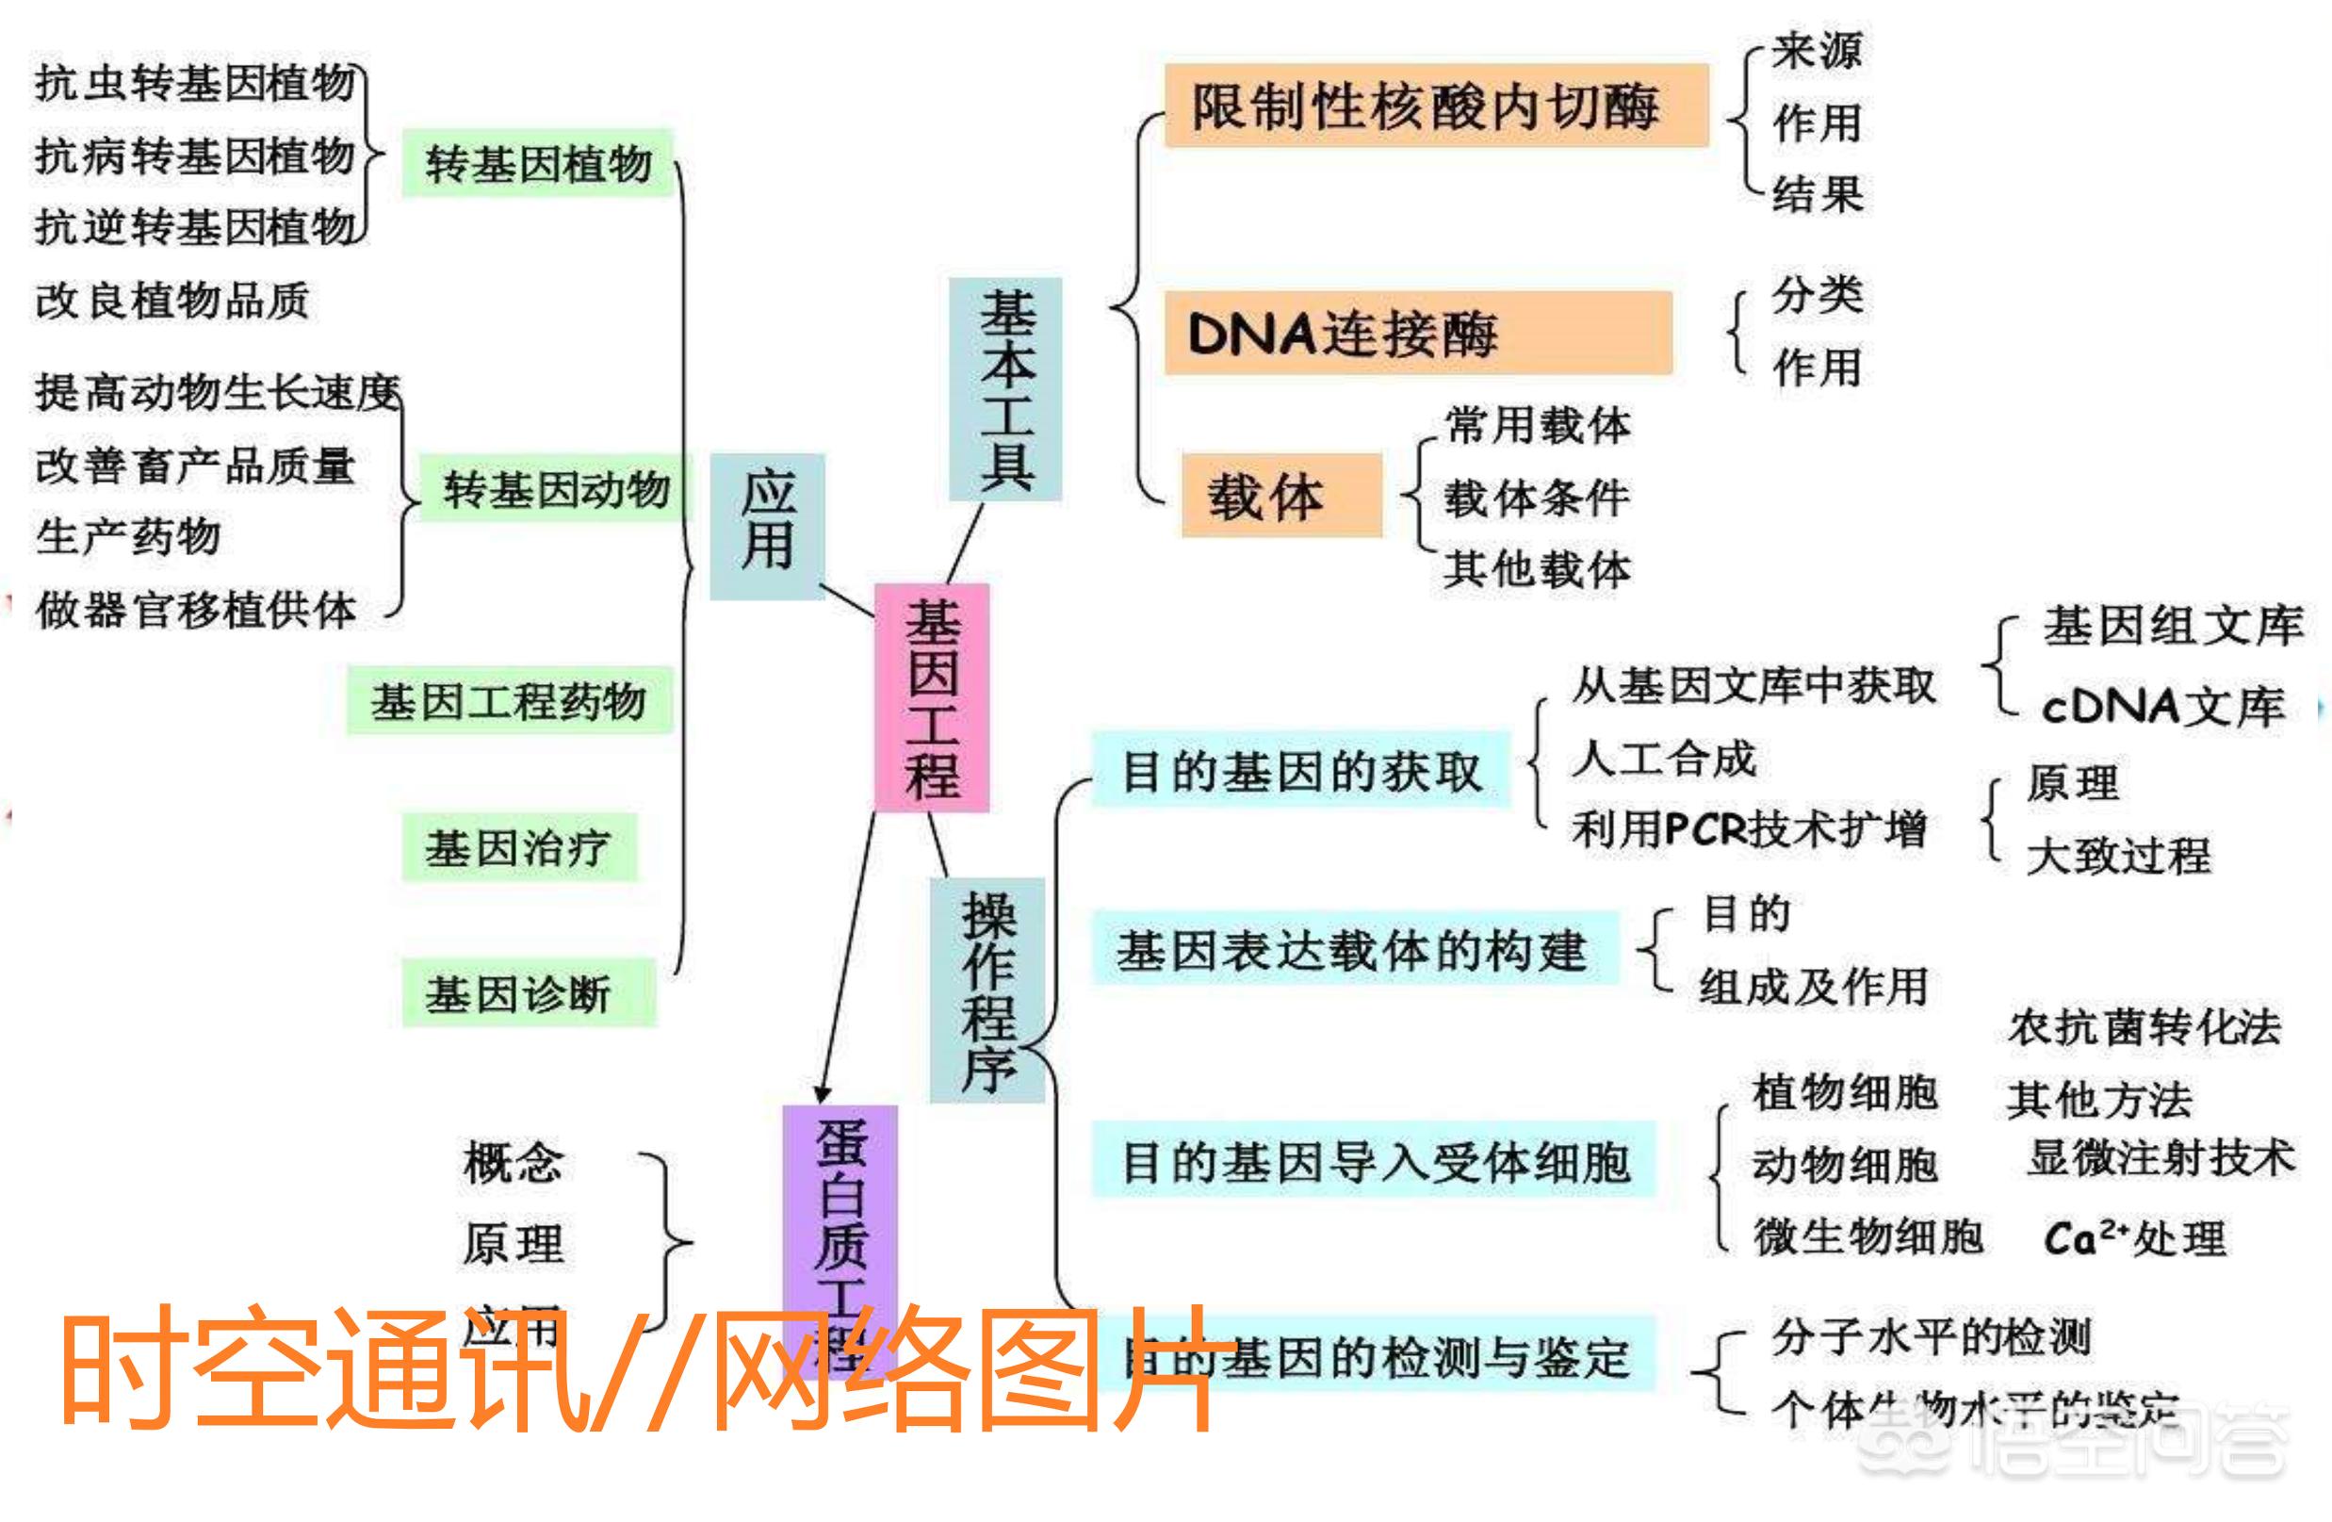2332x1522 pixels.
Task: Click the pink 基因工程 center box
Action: click(x=932, y=697)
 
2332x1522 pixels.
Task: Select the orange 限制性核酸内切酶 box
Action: click(x=1435, y=106)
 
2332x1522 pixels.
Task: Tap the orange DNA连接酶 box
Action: click(x=1418, y=334)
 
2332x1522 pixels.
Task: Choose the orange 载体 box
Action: click(x=1280, y=496)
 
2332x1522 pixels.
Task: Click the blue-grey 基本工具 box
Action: click(x=1005, y=389)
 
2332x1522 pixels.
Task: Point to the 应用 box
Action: click(x=767, y=526)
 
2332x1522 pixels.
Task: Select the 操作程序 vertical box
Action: click(x=987, y=990)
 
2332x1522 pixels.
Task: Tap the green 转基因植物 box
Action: click(x=538, y=164)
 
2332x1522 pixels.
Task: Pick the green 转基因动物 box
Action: click(x=556, y=488)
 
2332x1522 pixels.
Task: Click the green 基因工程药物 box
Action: click(x=509, y=701)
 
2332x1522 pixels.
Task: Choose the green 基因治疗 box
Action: click(x=519, y=846)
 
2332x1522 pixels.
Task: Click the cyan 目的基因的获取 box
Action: click(x=1300, y=770)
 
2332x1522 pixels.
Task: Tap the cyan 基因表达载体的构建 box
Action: click(x=1353, y=949)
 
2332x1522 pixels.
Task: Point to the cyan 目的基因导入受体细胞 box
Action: click(x=1374, y=1160)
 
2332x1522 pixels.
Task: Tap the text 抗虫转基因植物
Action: click(x=196, y=82)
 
